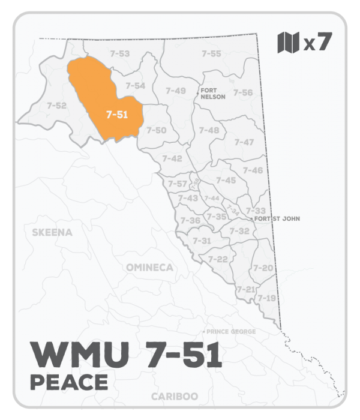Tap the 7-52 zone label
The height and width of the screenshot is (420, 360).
click(x=56, y=106)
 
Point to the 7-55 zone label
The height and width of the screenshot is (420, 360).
click(x=211, y=54)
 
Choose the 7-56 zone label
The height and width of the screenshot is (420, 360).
click(x=243, y=92)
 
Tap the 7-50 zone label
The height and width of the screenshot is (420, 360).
click(x=157, y=130)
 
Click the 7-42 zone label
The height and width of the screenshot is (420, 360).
click(x=172, y=158)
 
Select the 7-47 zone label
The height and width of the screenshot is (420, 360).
click(x=244, y=142)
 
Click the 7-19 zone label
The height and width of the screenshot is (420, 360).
click(x=266, y=298)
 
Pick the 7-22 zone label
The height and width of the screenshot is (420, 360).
click(x=218, y=259)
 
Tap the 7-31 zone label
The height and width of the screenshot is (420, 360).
click(x=202, y=240)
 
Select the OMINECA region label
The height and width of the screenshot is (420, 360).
click(x=149, y=267)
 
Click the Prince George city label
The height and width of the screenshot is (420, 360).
click(x=231, y=332)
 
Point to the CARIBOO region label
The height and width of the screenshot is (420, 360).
click(x=175, y=397)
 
